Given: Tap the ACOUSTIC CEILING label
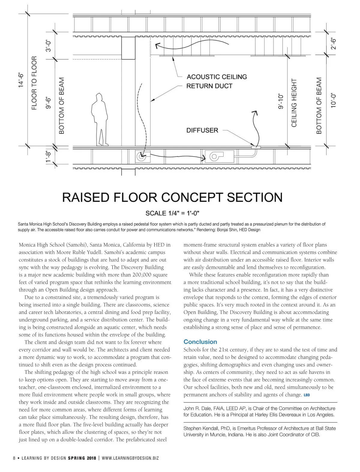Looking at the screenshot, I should click(x=217, y=77).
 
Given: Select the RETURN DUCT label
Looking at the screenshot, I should click(x=209, y=86).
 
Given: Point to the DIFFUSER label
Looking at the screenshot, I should click(x=202, y=130).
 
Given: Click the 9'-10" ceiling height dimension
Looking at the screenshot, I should click(x=280, y=101).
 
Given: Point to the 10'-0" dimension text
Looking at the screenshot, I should click(x=333, y=100).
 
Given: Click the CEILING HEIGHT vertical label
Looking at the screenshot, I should click(x=294, y=102).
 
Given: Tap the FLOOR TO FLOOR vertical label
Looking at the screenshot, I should click(x=34, y=83).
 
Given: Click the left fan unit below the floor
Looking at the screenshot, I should click(x=140, y=156).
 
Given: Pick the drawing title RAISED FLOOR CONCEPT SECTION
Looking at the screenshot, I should click(x=172, y=197).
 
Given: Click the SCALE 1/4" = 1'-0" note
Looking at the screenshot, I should click(x=172, y=213).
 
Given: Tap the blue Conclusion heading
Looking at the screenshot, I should click(x=200, y=342).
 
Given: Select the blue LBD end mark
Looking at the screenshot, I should click(x=307, y=395).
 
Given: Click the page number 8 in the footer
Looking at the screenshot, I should click(x=14, y=458).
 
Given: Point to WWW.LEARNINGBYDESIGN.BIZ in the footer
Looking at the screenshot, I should click(x=130, y=458).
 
